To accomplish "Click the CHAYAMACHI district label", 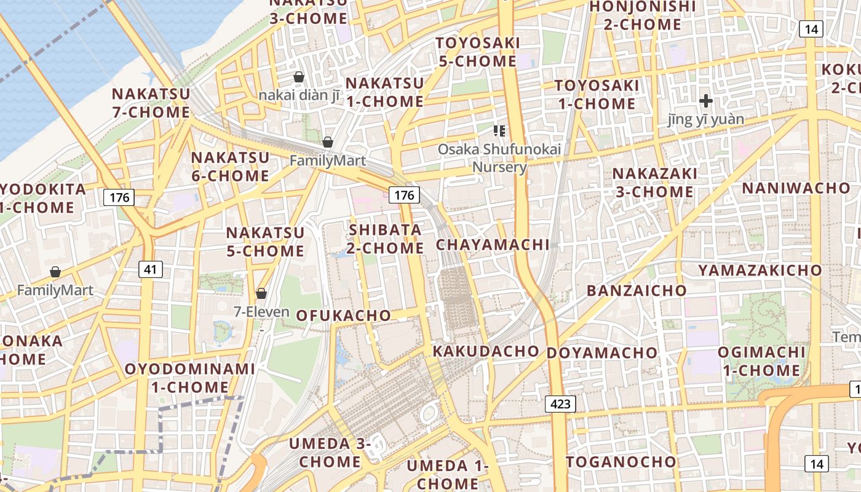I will tap(493, 245).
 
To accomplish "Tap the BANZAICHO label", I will tap(637, 291).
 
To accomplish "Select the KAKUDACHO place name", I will tap(486, 351).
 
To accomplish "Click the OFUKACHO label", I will tap(343, 315).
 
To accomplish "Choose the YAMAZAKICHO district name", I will tap(760, 270).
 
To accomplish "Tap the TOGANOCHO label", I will tap(621, 462).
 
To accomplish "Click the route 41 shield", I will tap(151, 269).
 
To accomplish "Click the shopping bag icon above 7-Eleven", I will tap(261, 293).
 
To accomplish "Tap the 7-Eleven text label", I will tap(261, 312).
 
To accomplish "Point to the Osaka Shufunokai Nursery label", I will tap(499, 158).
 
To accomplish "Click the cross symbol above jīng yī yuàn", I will tap(706, 100).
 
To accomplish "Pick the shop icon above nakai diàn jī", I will tap(299, 77).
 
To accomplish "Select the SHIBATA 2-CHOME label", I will tap(386, 239).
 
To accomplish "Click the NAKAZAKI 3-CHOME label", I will tap(654, 183).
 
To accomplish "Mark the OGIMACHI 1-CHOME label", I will tap(762, 361).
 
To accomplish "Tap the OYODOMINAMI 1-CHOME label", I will tap(190, 378).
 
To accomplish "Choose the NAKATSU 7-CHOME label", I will tap(151, 103).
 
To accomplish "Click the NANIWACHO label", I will tap(796, 188).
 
